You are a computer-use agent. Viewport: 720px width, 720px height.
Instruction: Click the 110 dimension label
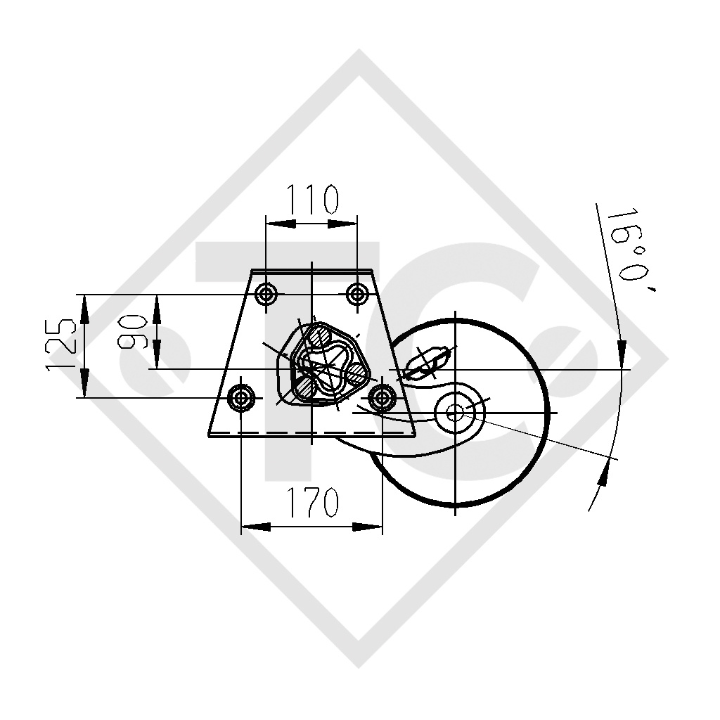(311, 200)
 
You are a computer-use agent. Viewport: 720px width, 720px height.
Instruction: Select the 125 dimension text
(61, 345)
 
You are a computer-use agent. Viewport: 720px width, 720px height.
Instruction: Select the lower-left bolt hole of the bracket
(242, 398)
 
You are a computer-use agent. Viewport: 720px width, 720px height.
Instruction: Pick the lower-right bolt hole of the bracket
(382, 398)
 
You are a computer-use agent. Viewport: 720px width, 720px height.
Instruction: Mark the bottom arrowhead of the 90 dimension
(157, 356)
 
